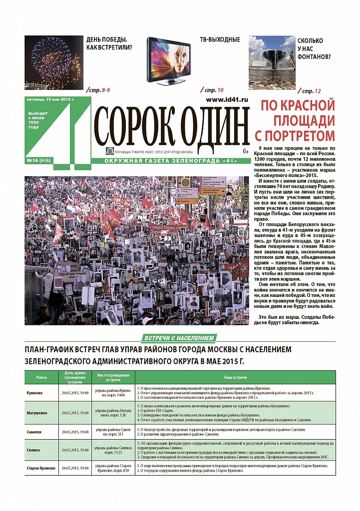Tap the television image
click(x=168, y=60)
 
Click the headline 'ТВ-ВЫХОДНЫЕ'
click(x=220, y=39)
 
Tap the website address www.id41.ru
click(x=227, y=100)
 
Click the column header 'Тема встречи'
click(x=235, y=377)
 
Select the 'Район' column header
click(x=41, y=377)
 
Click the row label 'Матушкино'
click(x=36, y=413)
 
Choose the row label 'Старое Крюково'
click(x=41, y=468)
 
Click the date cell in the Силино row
click(x=75, y=450)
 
